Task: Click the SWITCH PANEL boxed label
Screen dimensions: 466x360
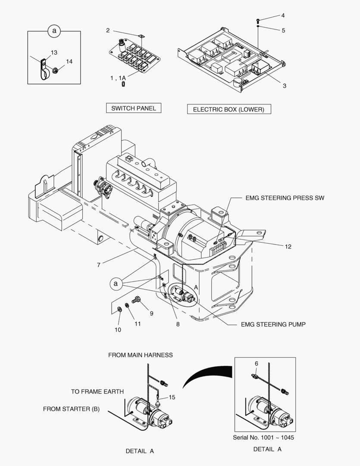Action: (x=134, y=108)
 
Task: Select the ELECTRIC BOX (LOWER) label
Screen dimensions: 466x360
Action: (x=228, y=110)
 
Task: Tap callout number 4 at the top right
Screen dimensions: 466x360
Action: (x=283, y=16)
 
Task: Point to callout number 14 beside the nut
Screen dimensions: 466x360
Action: (x=69, y=62)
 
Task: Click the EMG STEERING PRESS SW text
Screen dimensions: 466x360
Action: (x=285, y=198)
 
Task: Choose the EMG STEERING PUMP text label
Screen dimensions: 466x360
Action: (x=273, y=324)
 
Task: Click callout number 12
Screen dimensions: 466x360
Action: (x=288, y=246)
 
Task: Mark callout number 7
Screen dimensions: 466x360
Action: (x=99, y=264)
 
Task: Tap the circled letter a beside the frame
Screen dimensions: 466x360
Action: (x=115, y=283)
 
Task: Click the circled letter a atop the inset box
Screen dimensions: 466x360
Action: (x=54, y=31)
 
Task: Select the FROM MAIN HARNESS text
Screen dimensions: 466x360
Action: (x=140, y=355)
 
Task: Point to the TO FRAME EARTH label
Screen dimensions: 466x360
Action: (x=97, y=392)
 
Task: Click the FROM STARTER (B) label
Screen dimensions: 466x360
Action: (x=71, y=409)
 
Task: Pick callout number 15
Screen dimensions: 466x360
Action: (x=172, y=397)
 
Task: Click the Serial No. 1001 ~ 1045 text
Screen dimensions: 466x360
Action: (x=263, y=438)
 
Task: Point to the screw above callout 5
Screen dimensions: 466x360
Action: (x=257, y=20)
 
